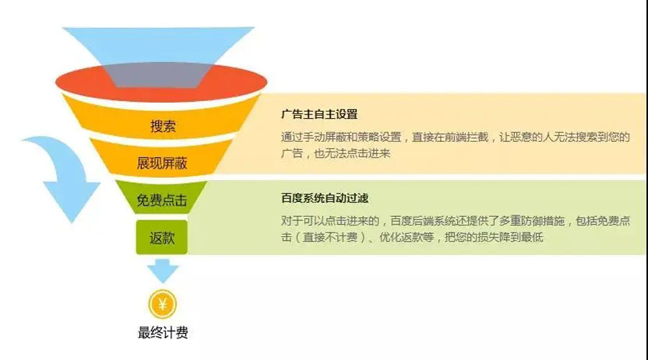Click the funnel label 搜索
163,126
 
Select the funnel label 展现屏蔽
162,163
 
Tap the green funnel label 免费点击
161,200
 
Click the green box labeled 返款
161,238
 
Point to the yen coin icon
163,305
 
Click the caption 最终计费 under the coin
163,333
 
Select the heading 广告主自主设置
319,114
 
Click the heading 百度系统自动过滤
325,199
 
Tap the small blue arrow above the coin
163,271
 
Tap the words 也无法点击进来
352,154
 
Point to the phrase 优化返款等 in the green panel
407,238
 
